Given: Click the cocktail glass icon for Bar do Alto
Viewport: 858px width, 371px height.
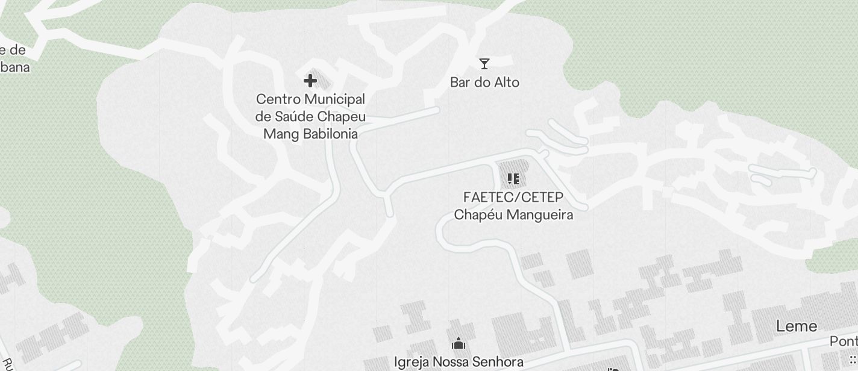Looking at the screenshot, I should pyautogui.click(x=484, y=63).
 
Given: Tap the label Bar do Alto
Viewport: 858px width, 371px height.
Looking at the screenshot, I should pyautogui.click(x=484, y=83).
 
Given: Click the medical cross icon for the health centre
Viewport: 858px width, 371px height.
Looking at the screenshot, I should pyautogui.click(x=310, y=81).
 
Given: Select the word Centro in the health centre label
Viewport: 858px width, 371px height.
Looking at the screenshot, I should pyautogui.click(x=277, y=99).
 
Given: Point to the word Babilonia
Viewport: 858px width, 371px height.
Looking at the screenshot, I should pyautogui.click(x=330, y=134).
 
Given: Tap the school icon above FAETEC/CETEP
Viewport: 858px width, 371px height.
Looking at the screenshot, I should pyautogui.click(x=513, y=179).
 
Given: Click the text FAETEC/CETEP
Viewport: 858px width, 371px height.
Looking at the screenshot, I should pyautogui.click(x=513, y=198).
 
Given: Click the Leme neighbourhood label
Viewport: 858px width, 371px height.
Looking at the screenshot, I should pyautogui.click(x=797, y=326).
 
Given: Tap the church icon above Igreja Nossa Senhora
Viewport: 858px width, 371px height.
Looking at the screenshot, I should pyautogui.click(x=459, y=344).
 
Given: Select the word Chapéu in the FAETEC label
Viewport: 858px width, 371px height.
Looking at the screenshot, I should pyautogui.click(x=475, y=215).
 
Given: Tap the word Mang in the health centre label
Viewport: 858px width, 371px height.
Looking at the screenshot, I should pyautogui.click(x=281, y=134).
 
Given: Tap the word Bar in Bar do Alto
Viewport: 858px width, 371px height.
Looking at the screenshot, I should pyautogui.click(x=460, y=83).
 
